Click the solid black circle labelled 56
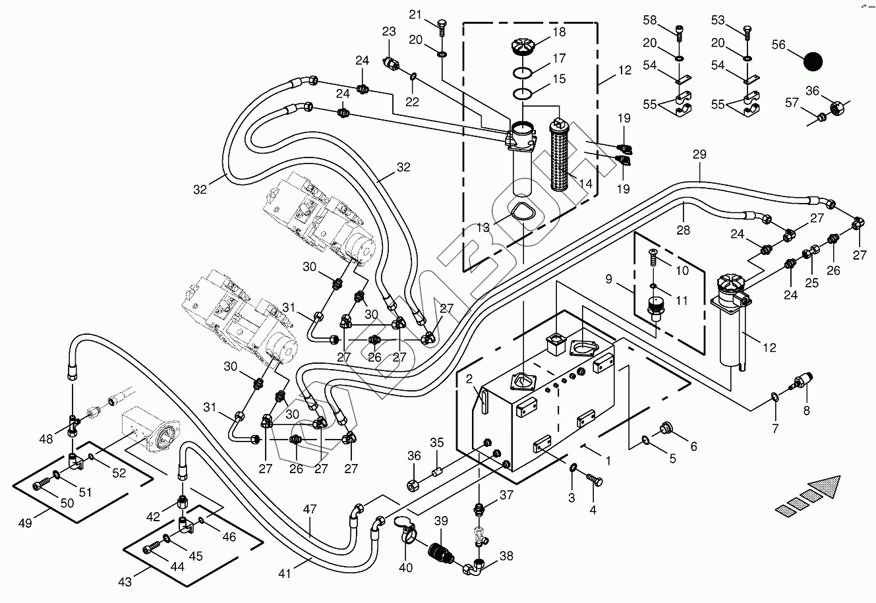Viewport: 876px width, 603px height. pyautogui.click(x=813, y=61)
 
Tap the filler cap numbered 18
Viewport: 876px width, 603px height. pyautogui.click(x=524, y=47)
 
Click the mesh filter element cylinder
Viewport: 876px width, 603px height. pyautogui.click(x=561, y=154)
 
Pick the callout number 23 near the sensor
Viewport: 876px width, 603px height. pyautogui.click(x=389, y=31)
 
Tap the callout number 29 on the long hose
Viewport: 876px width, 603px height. pyautogui.click(x=699, y=156)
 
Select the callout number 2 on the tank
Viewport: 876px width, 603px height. pyautogui.click(x=469, y=379)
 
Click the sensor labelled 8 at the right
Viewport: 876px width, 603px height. pyautogui.click(x=803, y=383)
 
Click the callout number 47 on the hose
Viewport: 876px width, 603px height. pyautogui.click(x=309, y=509)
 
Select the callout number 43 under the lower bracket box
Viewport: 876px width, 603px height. pyautogui.click(x=125, y=582)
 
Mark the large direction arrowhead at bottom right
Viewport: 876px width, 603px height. pyautogui.click(x=828, y=486)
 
